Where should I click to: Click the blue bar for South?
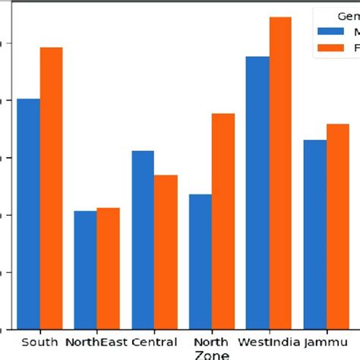(x=29, y=214)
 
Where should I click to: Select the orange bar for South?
(x=52, y=188)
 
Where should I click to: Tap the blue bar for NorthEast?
(x=86, y=270)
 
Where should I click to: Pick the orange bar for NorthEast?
(x=109, y=268)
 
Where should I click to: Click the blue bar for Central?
(x=143, y=240)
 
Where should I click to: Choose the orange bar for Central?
(x=166, y=252)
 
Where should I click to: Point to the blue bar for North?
(x=201, y=262)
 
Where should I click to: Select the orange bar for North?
(x=223, y=221)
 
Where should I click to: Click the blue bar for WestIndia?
(x=257, y=193)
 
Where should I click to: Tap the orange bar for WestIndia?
(x=280, y=173)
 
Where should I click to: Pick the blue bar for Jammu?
(x=314, y=235)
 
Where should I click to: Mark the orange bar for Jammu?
(x=337, y=226)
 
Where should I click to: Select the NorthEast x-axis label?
(x=97, y=342)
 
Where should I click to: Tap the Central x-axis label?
(x=154, y=342)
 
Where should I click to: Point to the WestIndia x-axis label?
(x=269, y=342)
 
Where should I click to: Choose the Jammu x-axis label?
(x=326, y=342)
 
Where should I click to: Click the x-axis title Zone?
(x=212, y=355)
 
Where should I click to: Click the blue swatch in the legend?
(x=330, y=32)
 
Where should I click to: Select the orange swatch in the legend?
(x=330, y=48)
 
